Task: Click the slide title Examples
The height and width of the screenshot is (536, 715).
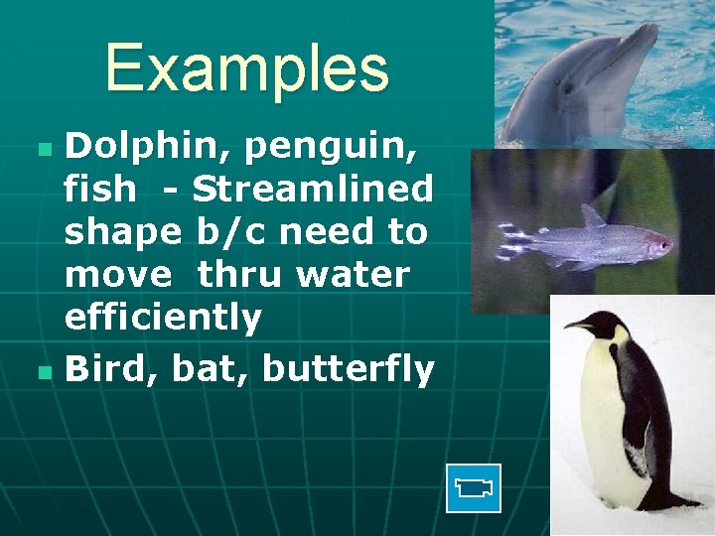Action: click(x=246, y=68)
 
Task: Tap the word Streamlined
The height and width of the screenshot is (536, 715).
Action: click(x=313, y=190)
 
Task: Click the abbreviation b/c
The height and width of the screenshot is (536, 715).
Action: click(x=231, y=232)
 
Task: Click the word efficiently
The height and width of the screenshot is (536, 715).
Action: click(x=163, y=318)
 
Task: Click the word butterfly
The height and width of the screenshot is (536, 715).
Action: click(x=348, y=370)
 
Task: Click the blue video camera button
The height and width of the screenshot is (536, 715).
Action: click(x=474, y=488)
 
